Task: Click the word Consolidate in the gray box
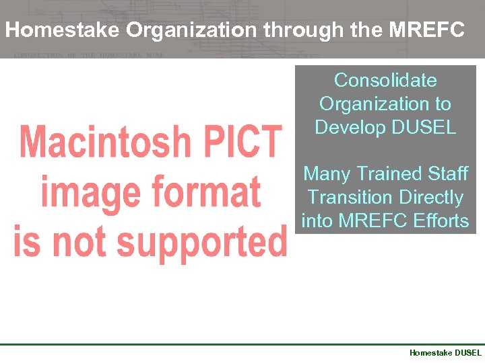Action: pos(385,81)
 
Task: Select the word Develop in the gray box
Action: pos(352,127)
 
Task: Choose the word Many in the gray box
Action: pos(326,174)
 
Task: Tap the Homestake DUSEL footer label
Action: pos(445,352)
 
